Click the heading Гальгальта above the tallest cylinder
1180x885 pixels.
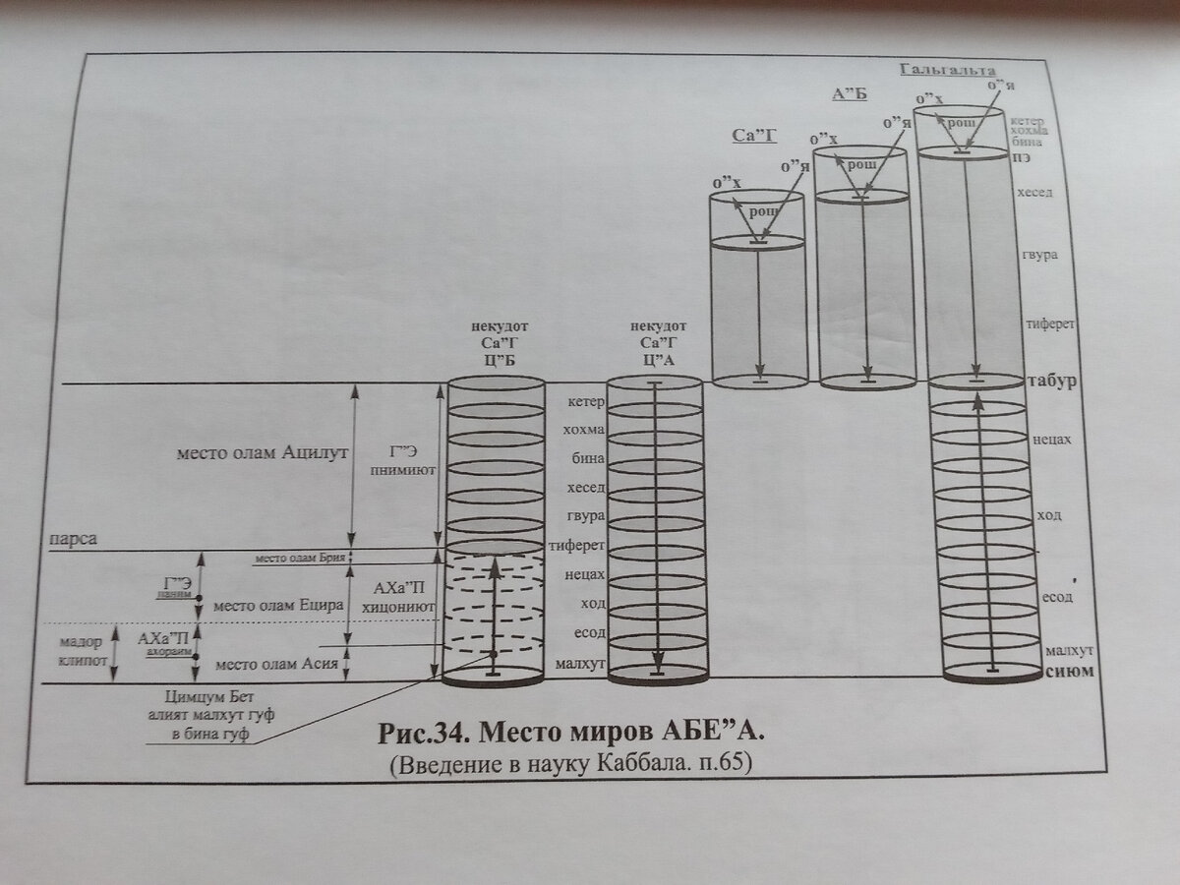pos(948,71)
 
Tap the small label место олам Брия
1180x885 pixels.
pos(299,559)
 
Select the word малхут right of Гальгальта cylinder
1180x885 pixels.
pos(1070,651)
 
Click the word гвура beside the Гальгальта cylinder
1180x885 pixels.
pos(1039,256)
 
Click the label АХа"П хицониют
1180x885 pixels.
pos(398,597)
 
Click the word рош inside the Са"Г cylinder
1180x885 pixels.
pos(764,212)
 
